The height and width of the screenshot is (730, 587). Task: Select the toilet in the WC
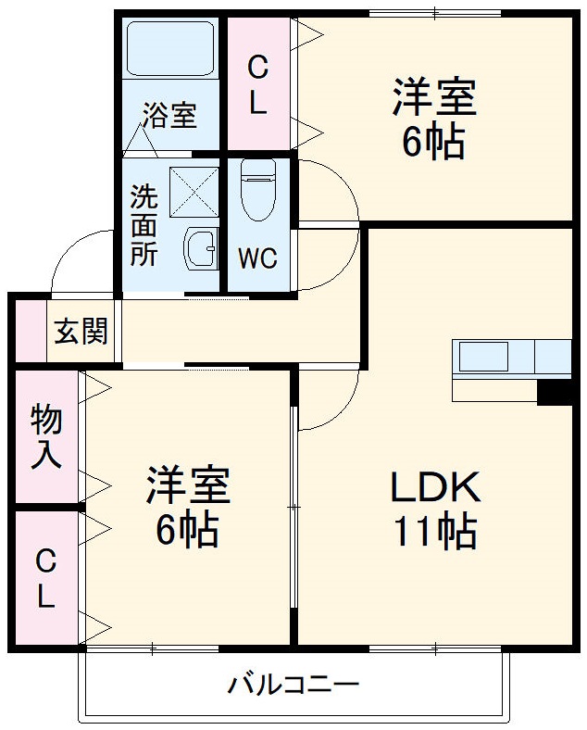click(x=257, y=191)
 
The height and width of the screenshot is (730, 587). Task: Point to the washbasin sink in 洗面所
click(x=199, y=246)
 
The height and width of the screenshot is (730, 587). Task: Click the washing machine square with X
click(x=194, y=192)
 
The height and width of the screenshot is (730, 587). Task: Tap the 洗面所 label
click(x=144, y=226)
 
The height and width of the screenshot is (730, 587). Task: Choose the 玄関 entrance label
click(x=81, y=331)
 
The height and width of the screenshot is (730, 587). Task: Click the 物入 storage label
click(x=46, y=437)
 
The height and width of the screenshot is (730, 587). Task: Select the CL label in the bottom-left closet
click(x=45, y=579)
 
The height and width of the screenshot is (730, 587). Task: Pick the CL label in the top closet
click(x=258, y=85)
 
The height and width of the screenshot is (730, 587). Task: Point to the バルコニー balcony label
click(x=293, y=686)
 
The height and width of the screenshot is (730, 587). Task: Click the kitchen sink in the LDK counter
click(x=481, y=357)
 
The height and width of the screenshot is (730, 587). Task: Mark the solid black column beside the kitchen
click(x=556, y=393)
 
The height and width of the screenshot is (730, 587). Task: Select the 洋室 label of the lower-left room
click(x=187, y=485)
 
